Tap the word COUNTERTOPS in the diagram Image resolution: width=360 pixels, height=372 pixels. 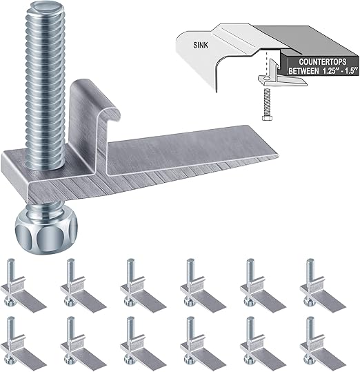(312, 60)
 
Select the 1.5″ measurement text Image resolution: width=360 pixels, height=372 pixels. (346, 70)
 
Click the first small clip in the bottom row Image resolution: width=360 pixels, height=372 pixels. (18, 341)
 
